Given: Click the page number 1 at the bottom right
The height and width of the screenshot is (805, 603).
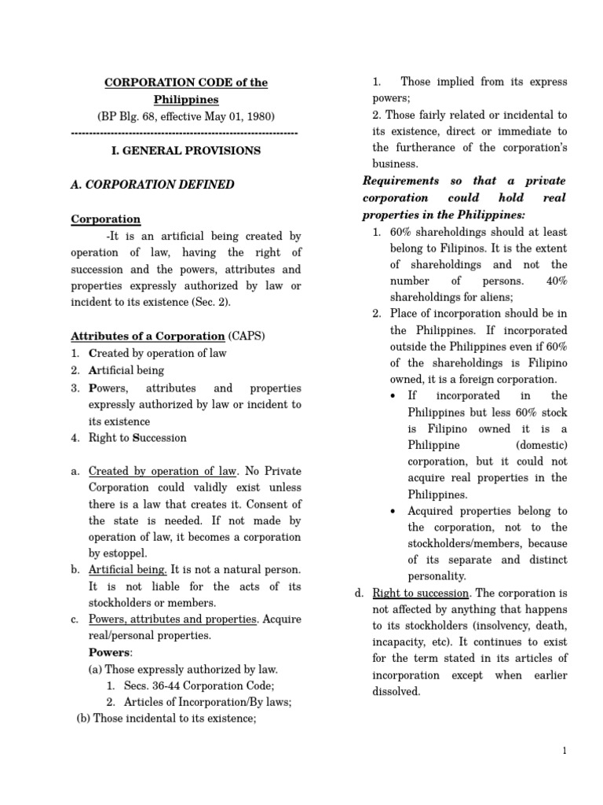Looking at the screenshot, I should click(564, 752).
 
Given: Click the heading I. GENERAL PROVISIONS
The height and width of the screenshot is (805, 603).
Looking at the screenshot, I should click(187, 150).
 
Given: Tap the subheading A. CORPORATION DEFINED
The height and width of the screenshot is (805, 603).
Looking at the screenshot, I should click(152, 185).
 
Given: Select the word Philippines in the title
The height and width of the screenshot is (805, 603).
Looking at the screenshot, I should click(186, 100).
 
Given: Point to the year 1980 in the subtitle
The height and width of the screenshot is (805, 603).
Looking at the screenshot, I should click(258, 116).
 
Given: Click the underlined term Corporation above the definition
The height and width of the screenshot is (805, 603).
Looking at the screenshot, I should click(105, 219).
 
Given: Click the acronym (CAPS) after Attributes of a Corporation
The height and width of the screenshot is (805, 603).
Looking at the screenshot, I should click(247, 336).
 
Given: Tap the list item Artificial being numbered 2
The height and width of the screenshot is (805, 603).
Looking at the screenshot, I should click(126, 370).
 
